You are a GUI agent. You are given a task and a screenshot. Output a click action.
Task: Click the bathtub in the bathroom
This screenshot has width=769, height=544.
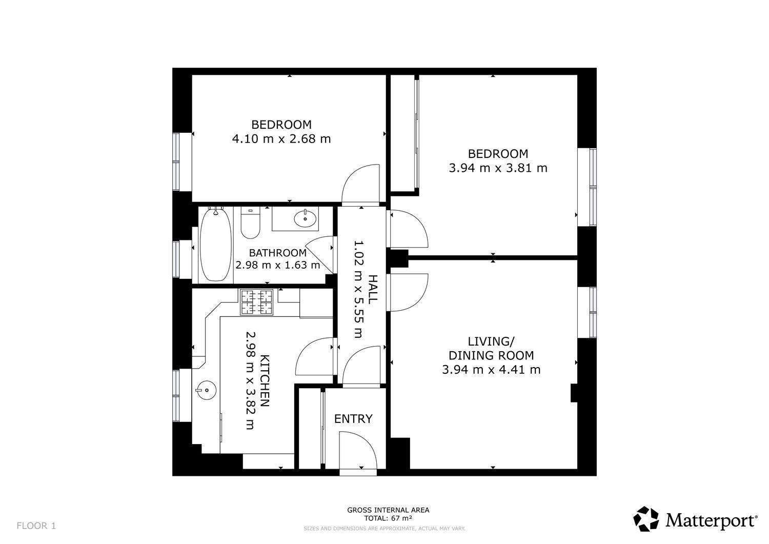click(215, 245)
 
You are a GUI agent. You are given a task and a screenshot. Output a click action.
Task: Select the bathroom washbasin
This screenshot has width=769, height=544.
click(305, 218)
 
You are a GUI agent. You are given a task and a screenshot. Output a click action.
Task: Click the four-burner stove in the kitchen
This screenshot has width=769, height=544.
click(256, 302)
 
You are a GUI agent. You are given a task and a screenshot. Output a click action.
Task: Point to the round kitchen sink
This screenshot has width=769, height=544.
click(206, 390)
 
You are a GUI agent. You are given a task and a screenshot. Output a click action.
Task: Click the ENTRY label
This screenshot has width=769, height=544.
click(353, 419)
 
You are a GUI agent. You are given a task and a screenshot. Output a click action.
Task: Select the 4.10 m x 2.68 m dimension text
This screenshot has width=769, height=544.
click(281, 139)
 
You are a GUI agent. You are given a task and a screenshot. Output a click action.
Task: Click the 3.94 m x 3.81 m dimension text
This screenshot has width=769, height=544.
click(498, 168)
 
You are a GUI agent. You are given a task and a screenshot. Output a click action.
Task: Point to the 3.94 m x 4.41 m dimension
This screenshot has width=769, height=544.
click(491, 370)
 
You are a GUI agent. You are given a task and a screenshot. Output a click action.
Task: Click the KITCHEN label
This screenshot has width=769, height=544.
click(265, 380)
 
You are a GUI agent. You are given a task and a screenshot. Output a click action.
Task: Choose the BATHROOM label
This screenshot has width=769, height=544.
click(278, 253)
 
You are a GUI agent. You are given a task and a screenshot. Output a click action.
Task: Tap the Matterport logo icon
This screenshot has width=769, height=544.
click(646, 519)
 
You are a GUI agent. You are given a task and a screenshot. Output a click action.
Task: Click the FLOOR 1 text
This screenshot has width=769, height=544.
click(36, 526)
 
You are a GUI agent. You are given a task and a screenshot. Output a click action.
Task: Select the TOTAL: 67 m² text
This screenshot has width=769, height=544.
click(388, 518)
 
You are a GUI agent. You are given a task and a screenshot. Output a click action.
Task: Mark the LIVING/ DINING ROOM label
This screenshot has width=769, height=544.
click(491, 348)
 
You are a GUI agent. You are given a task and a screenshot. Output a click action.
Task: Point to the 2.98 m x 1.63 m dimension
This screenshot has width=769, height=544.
click(278, 265)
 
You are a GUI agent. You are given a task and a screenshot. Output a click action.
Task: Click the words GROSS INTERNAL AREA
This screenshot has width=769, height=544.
click(388, 510)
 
